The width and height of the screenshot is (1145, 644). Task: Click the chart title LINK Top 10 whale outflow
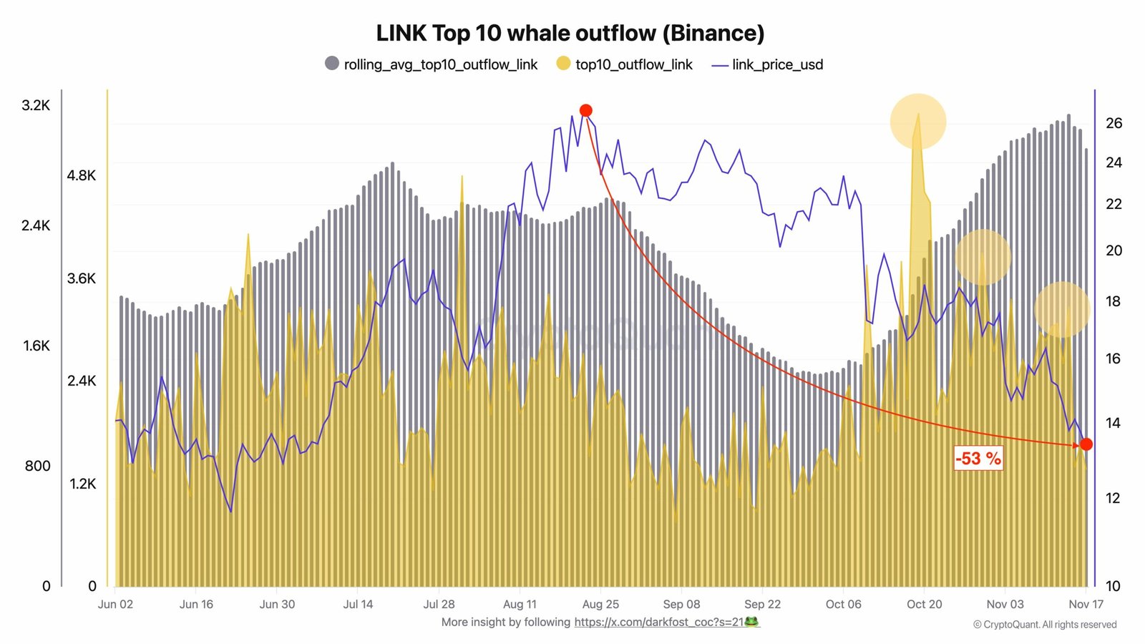click(x=570, y=33)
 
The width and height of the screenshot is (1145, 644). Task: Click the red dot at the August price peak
click(x=585, y=110)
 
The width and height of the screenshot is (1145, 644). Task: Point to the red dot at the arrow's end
click(x=1086, y=444)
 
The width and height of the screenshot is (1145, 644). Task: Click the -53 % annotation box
click(x=978, y=458)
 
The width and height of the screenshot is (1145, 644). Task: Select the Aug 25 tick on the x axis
click(x=600, y=604)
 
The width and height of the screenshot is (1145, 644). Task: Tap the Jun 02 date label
click(x=115, y=604)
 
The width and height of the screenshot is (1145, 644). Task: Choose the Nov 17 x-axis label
click(x=1086, y=604)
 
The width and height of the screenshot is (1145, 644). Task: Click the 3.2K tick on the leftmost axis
click(x=36, y=105)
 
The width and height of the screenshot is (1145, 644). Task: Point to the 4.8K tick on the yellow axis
click(x=81, y=175)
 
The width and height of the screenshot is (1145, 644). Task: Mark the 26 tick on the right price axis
click(x=1114, y=123)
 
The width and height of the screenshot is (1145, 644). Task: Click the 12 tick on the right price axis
click(x=1112, y=498)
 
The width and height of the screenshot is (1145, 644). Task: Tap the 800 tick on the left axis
click(x=37, y=466)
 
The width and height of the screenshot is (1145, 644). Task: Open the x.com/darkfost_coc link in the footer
click(x=666, y=622)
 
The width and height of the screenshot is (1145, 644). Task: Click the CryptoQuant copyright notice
click(x=1044, y=625)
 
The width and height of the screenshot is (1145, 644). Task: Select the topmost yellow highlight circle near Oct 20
click(x=918, y=121)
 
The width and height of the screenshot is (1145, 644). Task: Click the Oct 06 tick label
click(x=843, y=604)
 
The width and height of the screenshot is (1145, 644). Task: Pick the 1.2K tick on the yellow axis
click(x=82, y=484)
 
